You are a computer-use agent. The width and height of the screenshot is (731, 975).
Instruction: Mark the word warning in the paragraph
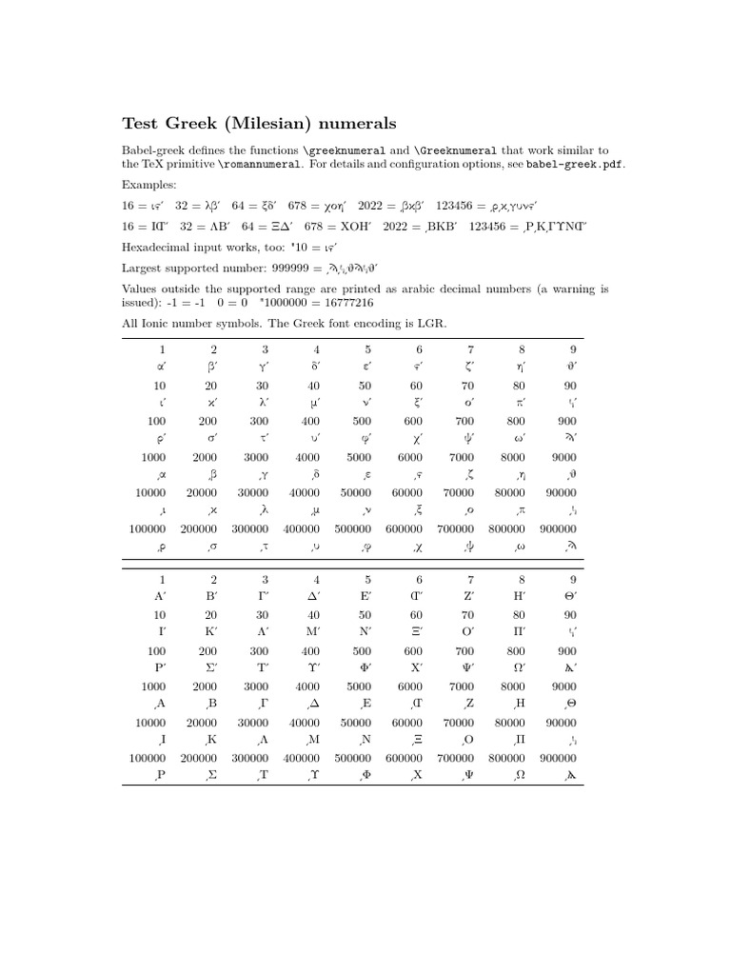(561, 289)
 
